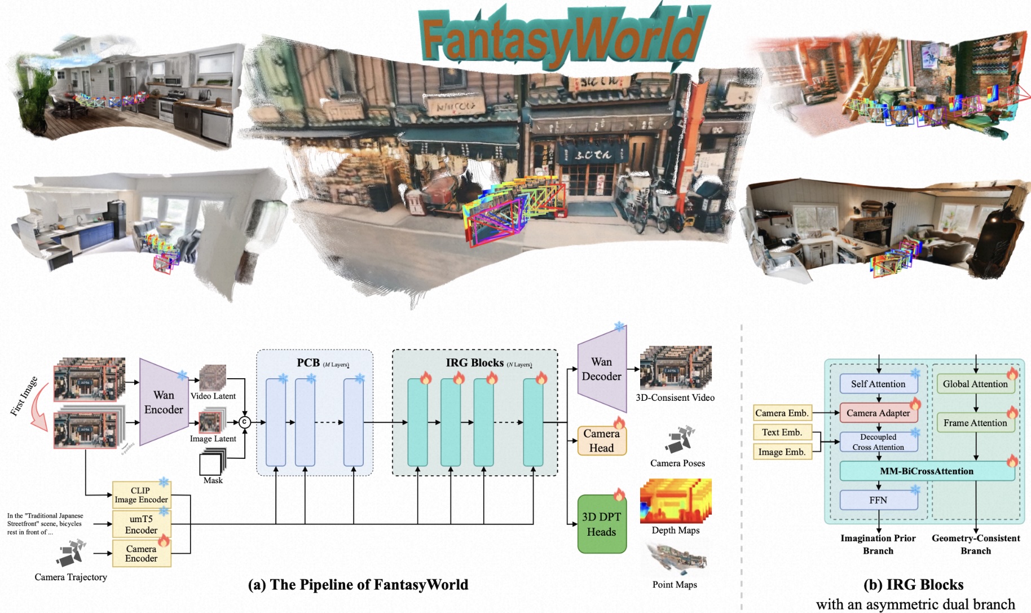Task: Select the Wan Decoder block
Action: pos(602,369)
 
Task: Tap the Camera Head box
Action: pos(602,441)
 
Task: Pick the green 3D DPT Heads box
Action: pos(602,524)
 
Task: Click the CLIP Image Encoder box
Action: pos(141,495)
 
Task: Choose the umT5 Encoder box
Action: pos(141,524)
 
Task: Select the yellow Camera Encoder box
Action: pos(141,554)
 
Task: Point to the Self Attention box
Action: pos(878,384)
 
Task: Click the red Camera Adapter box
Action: pos(878,413)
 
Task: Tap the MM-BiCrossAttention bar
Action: pos(927,471)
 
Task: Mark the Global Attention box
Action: pos(975,384)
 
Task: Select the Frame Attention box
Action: pos(975,423)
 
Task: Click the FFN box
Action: pos(878,500)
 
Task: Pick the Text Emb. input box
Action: pos(782,432)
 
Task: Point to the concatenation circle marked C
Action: pos(244,422)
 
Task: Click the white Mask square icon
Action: pos(210,465)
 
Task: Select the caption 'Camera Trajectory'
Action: pos(71,577)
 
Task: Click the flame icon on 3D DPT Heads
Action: pos(619,495)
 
